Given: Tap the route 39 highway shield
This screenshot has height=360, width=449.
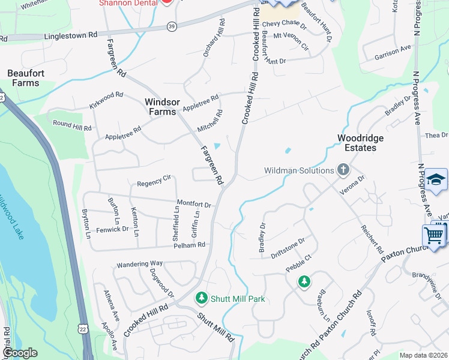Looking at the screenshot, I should [x=172, y=26].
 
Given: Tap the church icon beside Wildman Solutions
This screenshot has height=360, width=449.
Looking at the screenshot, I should [x=343, y=170].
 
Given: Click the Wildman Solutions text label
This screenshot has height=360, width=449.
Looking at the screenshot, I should [x=299, y=171].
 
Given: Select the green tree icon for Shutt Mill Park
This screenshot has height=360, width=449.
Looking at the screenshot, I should [x=202, y=298].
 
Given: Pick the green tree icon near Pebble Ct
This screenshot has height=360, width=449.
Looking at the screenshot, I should [x=304, y=281].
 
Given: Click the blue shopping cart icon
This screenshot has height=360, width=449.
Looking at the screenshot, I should [x=434, y=235].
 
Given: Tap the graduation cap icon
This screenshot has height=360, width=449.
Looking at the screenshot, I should [x=436, y=179].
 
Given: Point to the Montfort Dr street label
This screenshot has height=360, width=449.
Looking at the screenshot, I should [x=194, y=205].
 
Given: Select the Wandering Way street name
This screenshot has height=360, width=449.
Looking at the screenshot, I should [x=140, y=263].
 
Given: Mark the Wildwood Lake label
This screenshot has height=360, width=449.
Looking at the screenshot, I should [x=13, y=216].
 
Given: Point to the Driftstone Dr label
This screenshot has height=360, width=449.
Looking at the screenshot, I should [x=288, y=248].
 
